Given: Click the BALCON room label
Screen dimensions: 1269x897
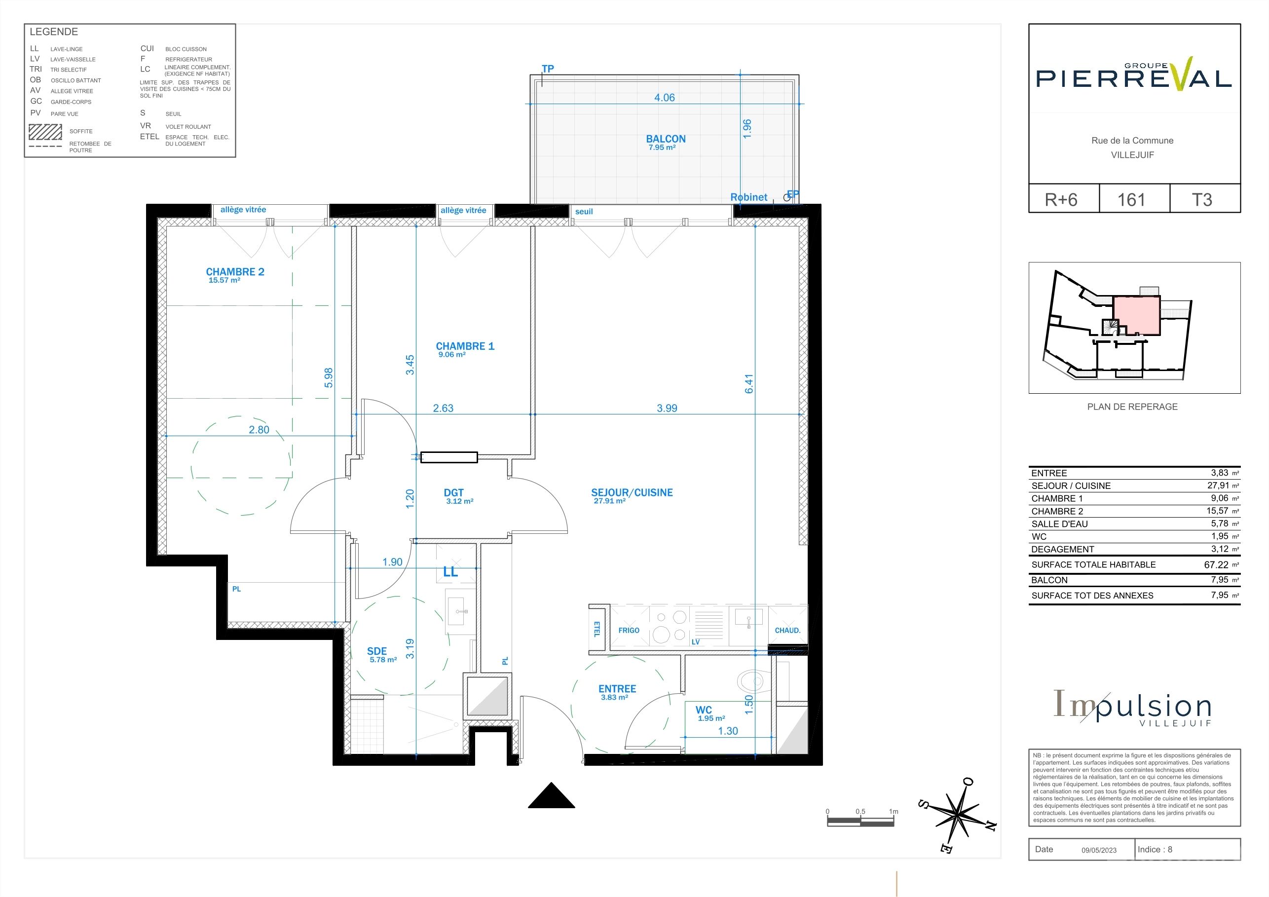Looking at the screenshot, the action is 666,139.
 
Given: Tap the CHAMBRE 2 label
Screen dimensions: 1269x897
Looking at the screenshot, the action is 235,272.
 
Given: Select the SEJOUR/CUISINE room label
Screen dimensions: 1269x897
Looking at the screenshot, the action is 632,492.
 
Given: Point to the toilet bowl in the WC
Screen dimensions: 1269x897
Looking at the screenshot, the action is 750,681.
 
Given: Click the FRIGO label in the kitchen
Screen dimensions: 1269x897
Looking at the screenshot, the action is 629,630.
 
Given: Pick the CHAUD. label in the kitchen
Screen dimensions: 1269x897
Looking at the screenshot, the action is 787,630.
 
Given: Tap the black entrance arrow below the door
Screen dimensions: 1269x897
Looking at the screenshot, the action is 552,795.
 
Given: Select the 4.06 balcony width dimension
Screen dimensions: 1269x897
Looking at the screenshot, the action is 664,97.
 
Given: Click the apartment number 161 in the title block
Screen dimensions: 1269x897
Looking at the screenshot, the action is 1131,199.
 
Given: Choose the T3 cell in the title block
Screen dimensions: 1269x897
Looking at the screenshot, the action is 1201,199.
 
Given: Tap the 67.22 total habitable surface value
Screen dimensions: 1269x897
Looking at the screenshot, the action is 1216,565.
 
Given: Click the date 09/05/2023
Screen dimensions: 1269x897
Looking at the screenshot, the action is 1099,850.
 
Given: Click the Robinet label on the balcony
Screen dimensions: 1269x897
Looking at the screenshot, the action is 749,197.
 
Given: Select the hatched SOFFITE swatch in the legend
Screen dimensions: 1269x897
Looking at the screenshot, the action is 45,132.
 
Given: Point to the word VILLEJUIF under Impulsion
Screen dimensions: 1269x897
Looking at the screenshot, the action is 1175,723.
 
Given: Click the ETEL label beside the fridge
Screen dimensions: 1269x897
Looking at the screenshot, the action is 597,629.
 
